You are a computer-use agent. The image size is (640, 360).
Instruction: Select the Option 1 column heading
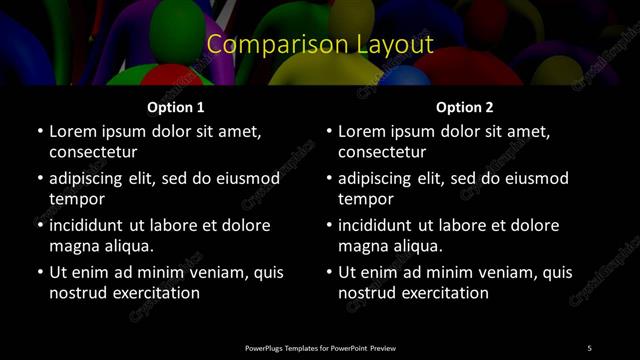tap(175, 107)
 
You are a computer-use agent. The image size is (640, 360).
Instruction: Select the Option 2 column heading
tap(464, 107)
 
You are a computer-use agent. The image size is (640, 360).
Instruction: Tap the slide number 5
tap(589, 348)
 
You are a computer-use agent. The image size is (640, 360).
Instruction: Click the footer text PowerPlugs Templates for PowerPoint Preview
tap(320, 348)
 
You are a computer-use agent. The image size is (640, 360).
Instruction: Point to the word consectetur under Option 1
tap(93, 152)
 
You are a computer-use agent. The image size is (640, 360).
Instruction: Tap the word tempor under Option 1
tap(74, 199)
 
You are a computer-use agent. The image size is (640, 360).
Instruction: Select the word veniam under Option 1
tap(212, 272)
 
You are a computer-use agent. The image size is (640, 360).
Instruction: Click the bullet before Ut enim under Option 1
tap(40, 272)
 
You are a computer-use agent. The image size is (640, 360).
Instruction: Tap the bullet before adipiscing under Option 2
tap(329, 178)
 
